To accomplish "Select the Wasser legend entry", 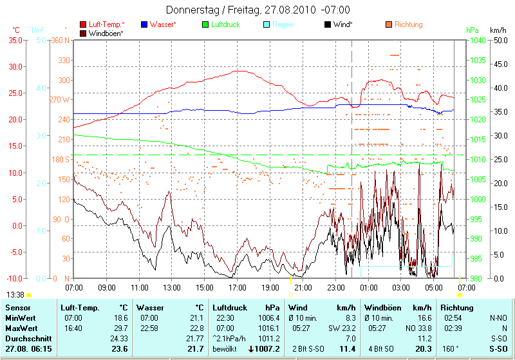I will click(163, 24).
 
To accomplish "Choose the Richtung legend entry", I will click(408, 24).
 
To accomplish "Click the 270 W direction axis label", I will click(59, 100).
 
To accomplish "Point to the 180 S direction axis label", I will click(60, 159).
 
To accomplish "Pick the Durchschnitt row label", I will click(26, 338).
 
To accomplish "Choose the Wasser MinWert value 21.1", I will click(195, 318).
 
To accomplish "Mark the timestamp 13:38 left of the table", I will click(15, 294).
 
